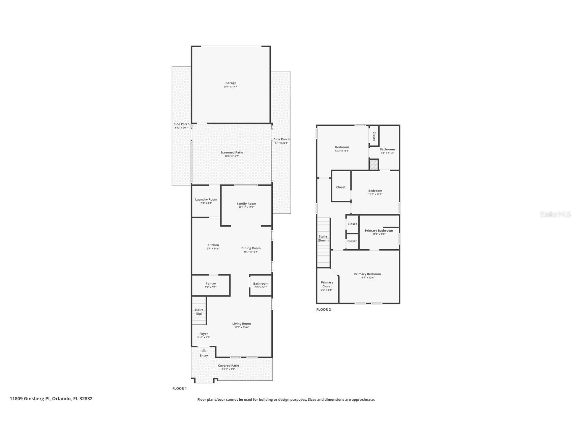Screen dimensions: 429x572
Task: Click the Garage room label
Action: coord(231,83)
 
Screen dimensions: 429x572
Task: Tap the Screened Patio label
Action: coord(232,152)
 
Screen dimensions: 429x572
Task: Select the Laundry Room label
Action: coord(206,199)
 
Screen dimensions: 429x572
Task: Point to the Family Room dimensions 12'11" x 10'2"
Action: coord(246,207)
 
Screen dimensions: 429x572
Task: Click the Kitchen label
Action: coord(213,245)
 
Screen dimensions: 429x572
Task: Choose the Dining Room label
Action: coord(251,248)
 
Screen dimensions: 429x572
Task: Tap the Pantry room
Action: coord(211,285)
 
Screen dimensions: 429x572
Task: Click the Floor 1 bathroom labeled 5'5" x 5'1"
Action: coord(261,285)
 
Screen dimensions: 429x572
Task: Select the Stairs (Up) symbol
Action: coord(199,311)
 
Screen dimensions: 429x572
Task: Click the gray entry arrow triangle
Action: coord(204,350)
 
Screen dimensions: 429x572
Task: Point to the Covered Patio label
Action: coord(229,366)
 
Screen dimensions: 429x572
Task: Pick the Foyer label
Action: coord(204,334)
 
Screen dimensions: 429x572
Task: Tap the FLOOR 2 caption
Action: coord(323,310)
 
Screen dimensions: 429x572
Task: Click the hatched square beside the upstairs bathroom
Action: coord(374,165)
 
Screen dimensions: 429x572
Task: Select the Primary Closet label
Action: coord(327,284)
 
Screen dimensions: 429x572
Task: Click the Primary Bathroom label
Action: coord(379,231)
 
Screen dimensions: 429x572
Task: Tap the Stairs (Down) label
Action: coord(323,238)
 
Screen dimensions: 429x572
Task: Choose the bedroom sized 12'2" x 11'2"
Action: coord(375,192)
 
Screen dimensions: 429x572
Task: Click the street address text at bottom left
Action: coord(51,399)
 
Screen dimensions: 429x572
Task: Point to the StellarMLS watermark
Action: coord(555,214)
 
